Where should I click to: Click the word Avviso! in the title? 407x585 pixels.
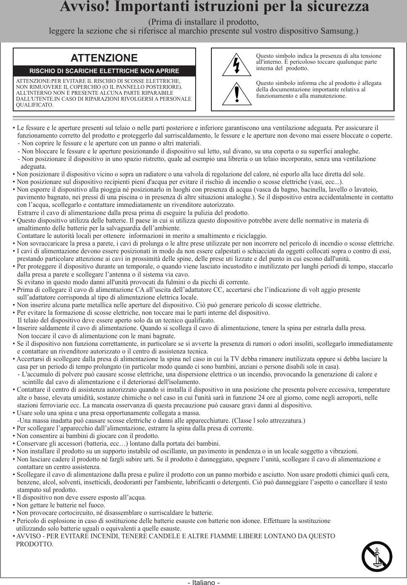(x=85, y=7)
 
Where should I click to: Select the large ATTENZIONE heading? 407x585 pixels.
(x=104, y=58)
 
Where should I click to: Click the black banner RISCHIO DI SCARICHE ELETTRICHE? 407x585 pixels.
(x=104, y=71)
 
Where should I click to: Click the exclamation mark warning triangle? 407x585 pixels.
(x=237, y=94)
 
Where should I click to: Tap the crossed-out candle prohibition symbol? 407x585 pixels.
(x=377, y=557)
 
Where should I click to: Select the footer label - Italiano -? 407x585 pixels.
(x=204, y=582)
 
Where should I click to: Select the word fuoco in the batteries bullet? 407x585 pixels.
(x=96, y=505)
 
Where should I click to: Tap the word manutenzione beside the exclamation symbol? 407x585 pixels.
(x=329, y=96)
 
